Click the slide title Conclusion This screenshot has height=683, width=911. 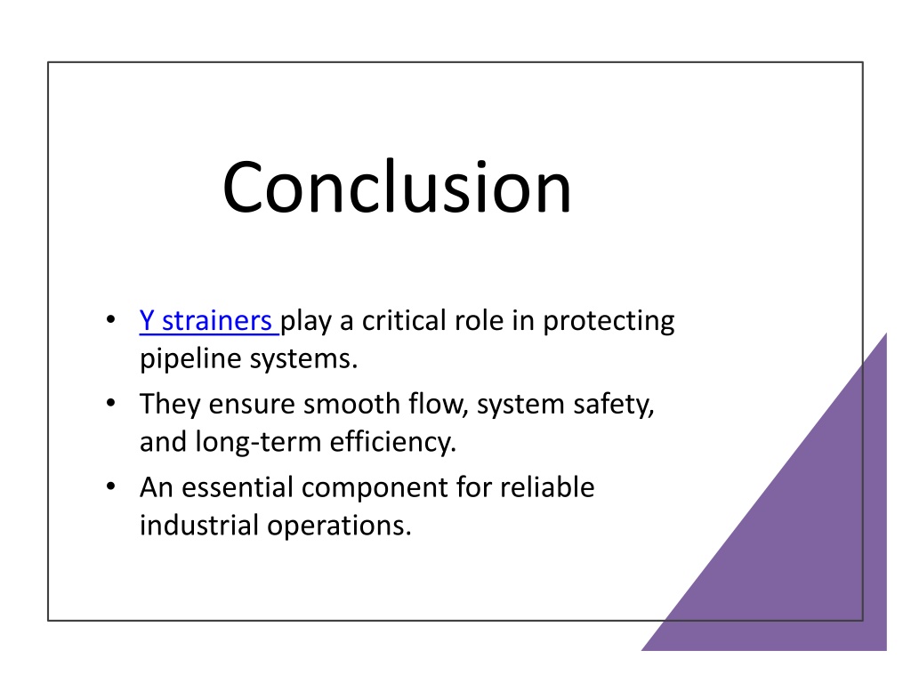pos(398,187)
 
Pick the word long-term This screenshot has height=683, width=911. pos(258,442)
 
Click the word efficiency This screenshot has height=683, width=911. pos(393,442)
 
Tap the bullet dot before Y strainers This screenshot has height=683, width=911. pos(111,320)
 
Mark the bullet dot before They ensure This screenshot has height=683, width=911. pos(111,403)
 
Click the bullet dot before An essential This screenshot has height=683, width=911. pos(111,486)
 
